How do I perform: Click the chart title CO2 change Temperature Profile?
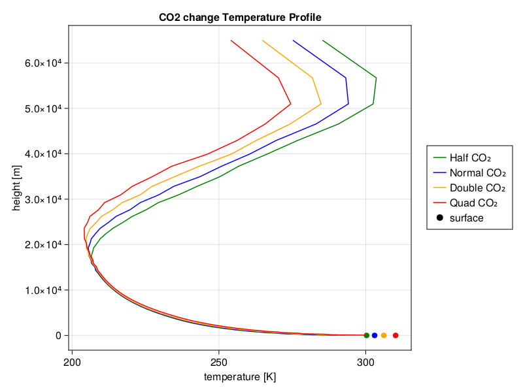240,18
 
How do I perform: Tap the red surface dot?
396,335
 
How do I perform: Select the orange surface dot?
384,335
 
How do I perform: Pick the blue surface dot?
374,335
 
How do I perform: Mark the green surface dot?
367,335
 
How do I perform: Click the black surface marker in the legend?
439,218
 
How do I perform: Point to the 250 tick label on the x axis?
219,363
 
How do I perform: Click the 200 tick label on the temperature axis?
72,363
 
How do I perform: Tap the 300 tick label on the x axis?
365,363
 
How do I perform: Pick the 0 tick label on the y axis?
58,335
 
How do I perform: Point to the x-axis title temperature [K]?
240,377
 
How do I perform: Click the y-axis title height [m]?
16,188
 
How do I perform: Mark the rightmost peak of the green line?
377,78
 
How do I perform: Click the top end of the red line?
231,41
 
